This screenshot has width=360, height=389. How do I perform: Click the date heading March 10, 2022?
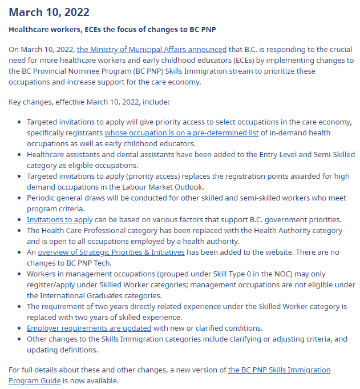tap(49, 12)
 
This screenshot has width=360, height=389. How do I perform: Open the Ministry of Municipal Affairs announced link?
tap(152, 50)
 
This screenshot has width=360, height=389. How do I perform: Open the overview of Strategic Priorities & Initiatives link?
tap(111, 252)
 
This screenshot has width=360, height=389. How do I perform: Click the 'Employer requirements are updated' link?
tap(89, 328)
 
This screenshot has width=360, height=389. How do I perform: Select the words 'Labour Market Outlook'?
tap(161, 187)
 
